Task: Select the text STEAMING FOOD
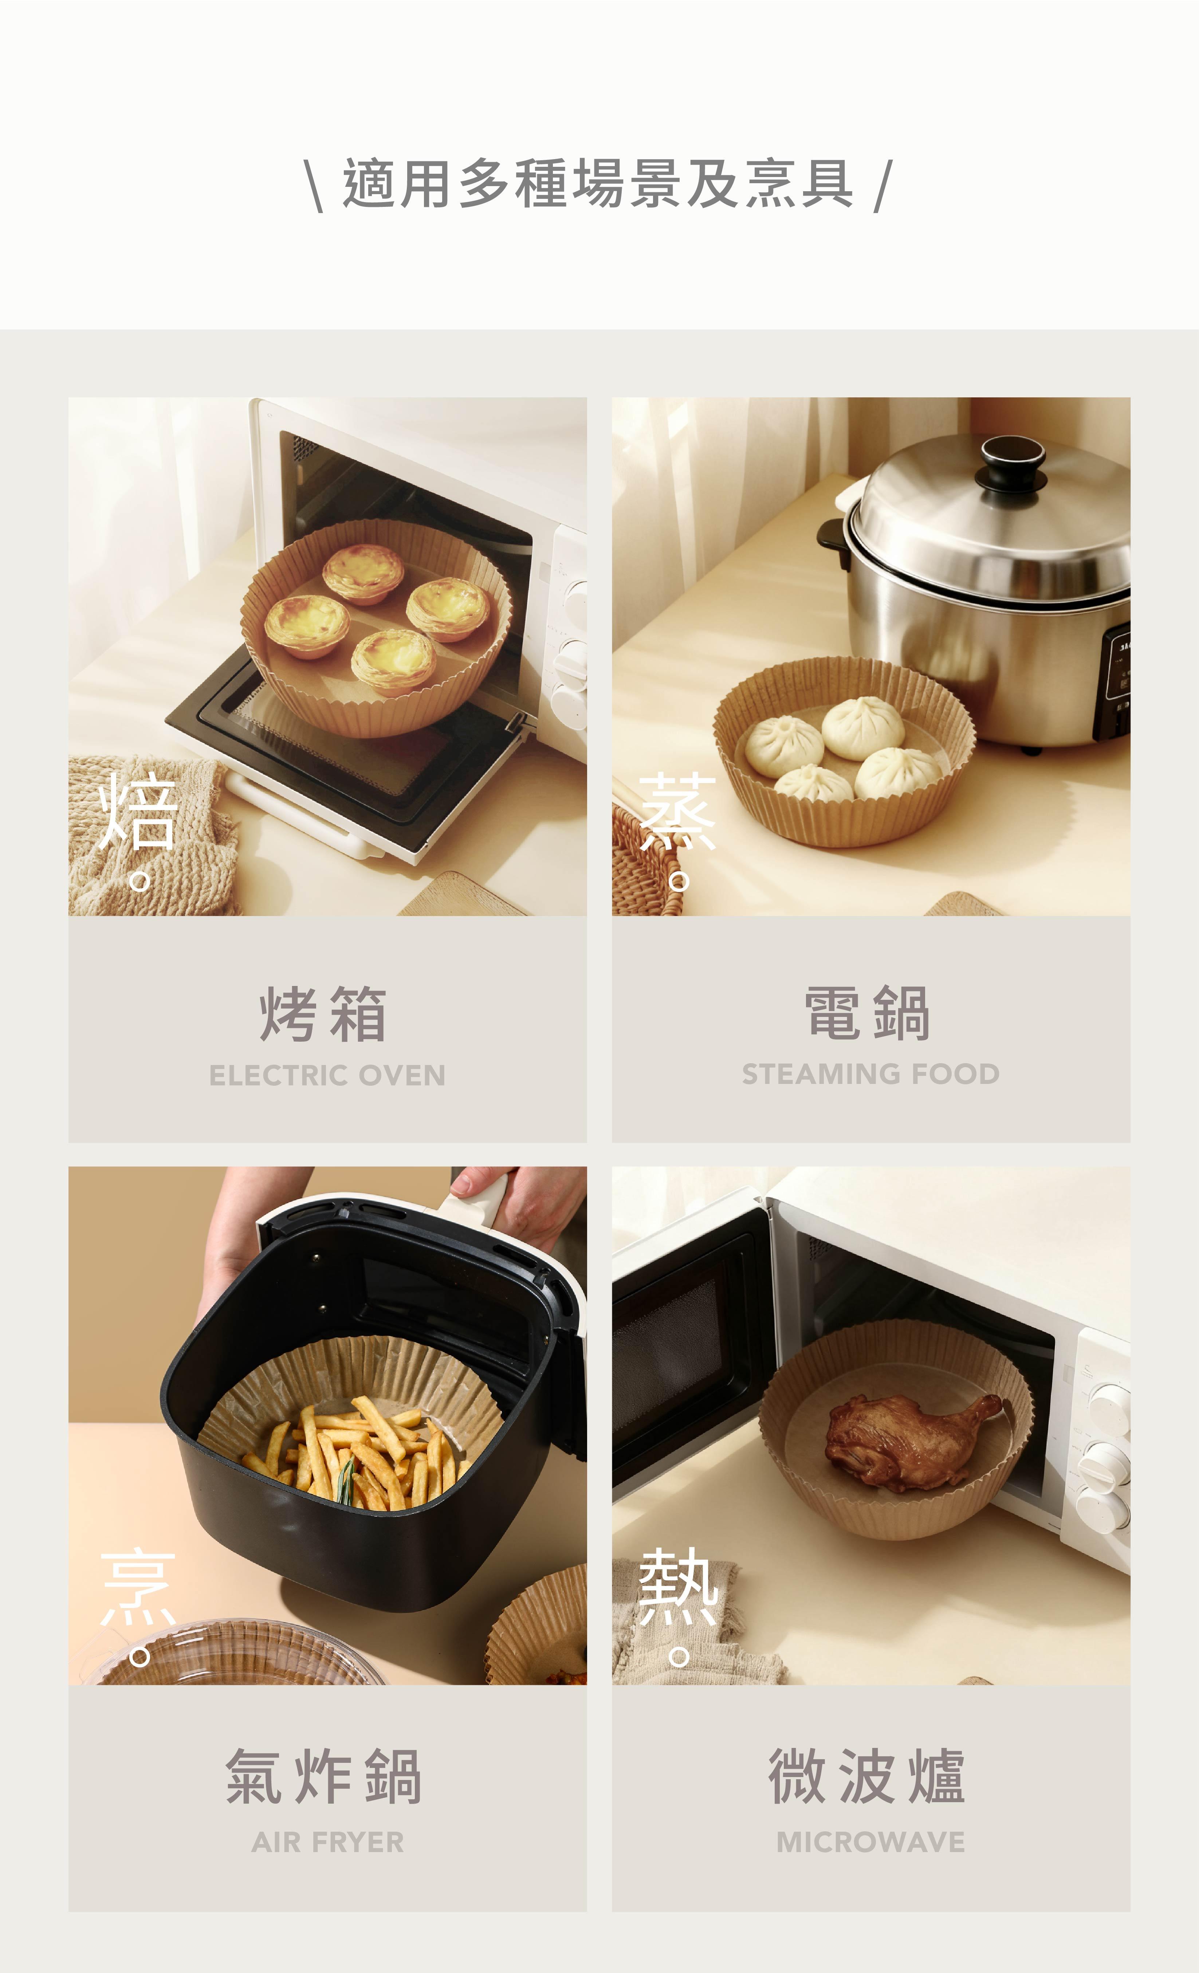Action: [870, 1074]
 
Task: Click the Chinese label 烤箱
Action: [323, 1014]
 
